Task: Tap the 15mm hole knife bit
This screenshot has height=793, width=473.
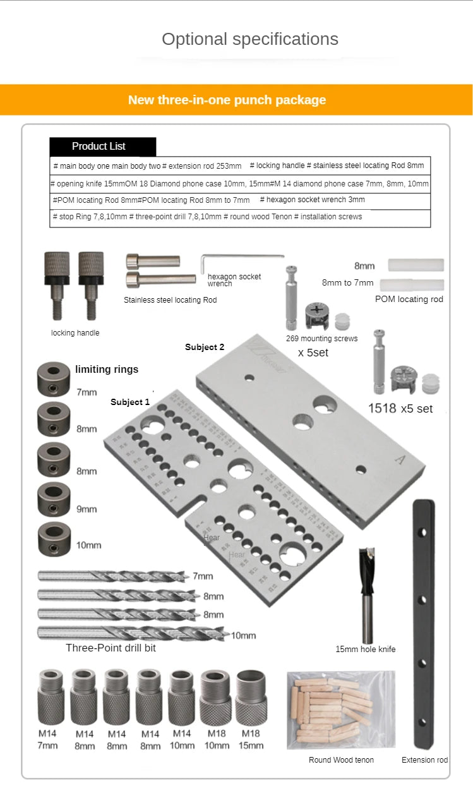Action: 368,594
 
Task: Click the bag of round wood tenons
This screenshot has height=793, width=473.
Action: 340,710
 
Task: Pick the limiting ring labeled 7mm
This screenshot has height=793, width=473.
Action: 53,379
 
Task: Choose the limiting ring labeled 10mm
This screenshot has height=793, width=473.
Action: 53,539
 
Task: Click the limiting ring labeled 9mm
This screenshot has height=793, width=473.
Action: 53,499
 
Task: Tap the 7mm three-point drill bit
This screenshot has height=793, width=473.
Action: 114,576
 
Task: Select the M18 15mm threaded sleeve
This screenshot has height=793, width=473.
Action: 251,698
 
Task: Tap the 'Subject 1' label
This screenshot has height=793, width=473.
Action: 130,402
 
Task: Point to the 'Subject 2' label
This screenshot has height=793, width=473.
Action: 205,347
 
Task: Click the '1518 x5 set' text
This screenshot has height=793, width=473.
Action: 400,409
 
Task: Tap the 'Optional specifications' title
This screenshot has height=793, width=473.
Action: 249,39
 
